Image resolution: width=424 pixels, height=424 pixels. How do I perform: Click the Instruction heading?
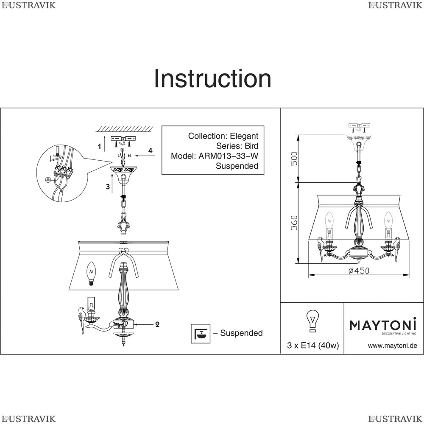click(212, 78)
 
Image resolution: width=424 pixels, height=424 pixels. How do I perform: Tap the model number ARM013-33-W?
click(228, 156)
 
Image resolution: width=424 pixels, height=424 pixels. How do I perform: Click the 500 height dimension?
click(294, 159)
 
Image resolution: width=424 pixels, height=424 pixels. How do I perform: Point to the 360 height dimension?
click(294, 223)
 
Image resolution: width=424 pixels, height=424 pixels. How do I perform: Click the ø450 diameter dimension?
click(359, 271)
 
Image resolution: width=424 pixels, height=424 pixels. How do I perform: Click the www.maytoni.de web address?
click(392, 346)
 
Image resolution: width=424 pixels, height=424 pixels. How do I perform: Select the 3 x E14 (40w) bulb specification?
click(313, 345)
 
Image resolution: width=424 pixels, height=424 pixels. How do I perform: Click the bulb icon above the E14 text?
click(312, 321)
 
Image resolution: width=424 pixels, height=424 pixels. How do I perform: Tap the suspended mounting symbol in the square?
click(201, 333)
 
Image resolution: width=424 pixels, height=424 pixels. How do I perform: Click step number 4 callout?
click(151, 151)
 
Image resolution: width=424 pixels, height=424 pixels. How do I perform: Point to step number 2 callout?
click(157, 324)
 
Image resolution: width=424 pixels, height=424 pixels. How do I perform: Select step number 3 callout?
click(108, 186)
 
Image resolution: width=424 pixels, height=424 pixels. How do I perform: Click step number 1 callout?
click(100, 147)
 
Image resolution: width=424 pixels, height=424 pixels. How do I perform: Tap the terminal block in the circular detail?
click(63, 171)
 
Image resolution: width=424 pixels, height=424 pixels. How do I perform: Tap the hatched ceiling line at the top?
click(125, 129)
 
